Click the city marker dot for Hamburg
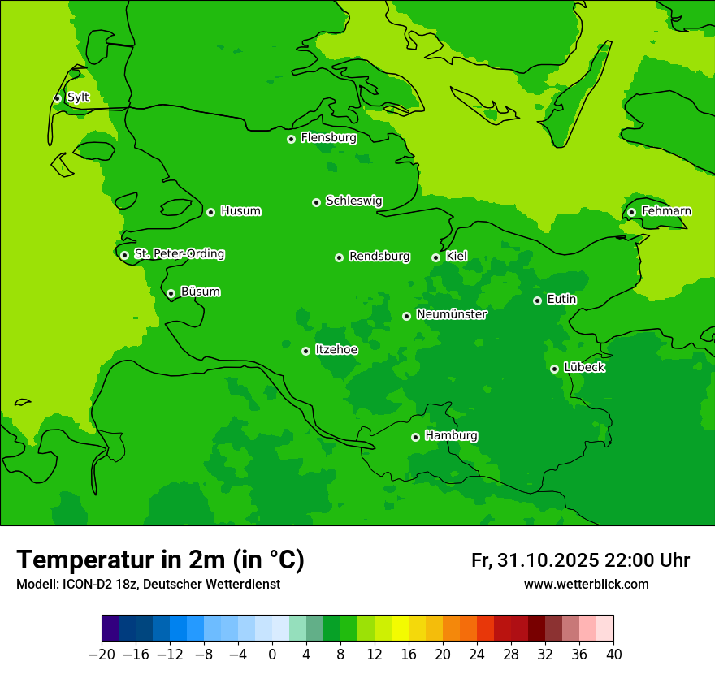pos(415,437)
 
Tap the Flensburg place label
pos(328,138)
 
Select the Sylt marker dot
pos(57,98)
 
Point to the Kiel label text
pos(457,257)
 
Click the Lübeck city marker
pos(554,369)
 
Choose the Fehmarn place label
pos(666,211)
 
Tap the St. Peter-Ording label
pos(179,254)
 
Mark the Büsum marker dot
pos(171,293)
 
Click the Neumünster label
pos(452,314)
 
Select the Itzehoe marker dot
pos(305,351)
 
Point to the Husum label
pos(240,211)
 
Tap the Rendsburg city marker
pos(339,257)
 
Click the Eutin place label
pos(561,300)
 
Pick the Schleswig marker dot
pos(316,202)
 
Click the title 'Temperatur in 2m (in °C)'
pos(160,560)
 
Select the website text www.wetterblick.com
pos(586,584)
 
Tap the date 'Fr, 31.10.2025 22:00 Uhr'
pos(580,560)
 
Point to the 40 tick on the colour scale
pos(613,655)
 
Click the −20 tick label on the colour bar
pos(102,655)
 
